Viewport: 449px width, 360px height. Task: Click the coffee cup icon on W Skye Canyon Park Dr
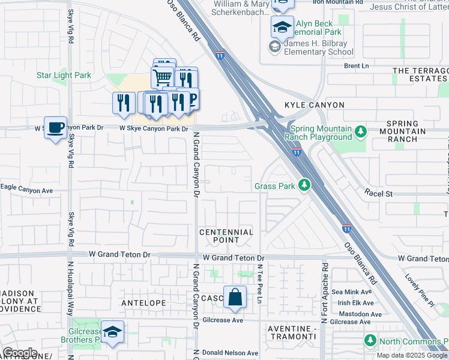tap(55, 128)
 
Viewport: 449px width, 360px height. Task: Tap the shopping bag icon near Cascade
tap(235, 297)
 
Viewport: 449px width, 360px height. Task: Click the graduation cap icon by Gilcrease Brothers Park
tap(112, 332)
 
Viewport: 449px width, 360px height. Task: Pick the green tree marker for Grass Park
tap(305, 185)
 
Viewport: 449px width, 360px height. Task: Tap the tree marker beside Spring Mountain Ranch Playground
tap(360, 131)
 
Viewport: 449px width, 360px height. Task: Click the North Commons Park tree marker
tap(370, 341)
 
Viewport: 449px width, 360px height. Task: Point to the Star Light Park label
tap(64, 75)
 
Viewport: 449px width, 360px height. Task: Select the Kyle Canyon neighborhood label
tap(315, 105)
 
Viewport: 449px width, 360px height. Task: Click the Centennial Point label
tap(226, 236)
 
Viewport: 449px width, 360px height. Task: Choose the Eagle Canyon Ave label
tap(27, 190)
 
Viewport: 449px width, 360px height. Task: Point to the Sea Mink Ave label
tap(357, 292)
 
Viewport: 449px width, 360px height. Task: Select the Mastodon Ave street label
tap(360, 314)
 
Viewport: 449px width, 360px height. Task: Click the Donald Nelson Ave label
tap(230, 352)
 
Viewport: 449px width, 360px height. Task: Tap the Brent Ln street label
tap(356, 65)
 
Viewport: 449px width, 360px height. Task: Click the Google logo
tap(20, 352)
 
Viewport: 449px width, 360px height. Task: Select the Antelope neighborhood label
tap(143, 303)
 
